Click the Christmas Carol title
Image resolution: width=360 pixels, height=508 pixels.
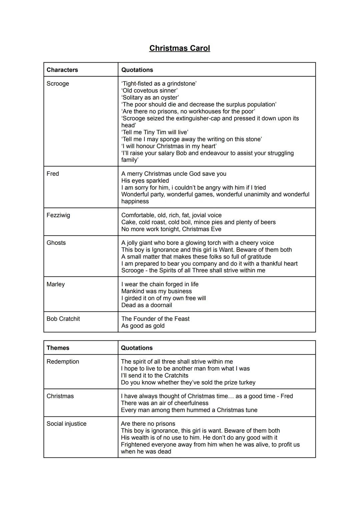point(180,48)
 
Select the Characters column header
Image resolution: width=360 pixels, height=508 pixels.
point(62,70)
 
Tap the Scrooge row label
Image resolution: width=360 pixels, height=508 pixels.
point(58,84)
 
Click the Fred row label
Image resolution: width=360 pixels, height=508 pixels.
point(53,174)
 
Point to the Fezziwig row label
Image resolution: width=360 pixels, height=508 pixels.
point(58,215)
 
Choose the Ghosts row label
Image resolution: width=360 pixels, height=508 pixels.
point(56,243)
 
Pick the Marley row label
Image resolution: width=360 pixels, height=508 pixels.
point(56,284)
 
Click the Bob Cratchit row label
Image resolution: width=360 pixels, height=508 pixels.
point(63,319)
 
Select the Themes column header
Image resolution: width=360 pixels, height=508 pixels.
point(58,348)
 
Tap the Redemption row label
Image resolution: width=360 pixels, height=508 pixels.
point(63,362)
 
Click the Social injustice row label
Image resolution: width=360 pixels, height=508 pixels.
point(66,424)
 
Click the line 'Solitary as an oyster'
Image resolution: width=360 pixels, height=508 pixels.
point(150,98)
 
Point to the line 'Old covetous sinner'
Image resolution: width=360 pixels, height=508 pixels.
point(149,91)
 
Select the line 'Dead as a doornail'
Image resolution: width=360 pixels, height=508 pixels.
point(147,305)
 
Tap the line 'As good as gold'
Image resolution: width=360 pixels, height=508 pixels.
point(143,326)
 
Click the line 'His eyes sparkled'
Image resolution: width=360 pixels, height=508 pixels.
point(145,181)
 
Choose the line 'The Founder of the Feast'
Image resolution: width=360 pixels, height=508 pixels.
point(155,319)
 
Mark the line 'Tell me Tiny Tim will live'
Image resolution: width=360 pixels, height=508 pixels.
point(155,132)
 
